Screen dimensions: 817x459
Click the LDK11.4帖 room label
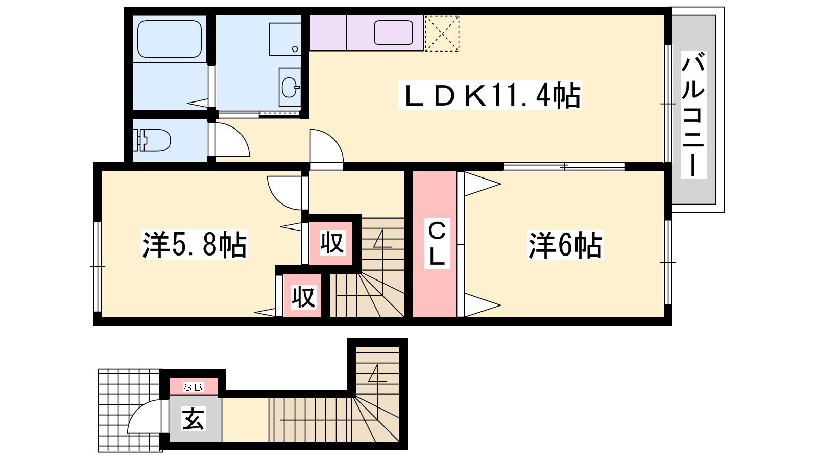point(490,95)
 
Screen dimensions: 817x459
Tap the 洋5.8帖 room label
point(195,244)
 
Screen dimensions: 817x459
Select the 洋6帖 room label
point(565,245)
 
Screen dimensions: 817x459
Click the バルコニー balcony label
point(693,115)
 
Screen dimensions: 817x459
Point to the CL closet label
point(437,243)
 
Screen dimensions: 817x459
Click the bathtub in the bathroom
point(169,39)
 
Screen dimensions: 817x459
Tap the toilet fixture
point(152,140)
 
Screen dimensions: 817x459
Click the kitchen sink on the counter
point(393,33)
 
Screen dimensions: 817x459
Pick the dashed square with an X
point(442,33)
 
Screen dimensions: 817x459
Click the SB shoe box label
point(194,387)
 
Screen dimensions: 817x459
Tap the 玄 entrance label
point(194,419)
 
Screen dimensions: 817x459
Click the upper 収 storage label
point(331,242)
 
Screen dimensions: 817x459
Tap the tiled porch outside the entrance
point(130,411)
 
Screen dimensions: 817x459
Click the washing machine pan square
point(285,39)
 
